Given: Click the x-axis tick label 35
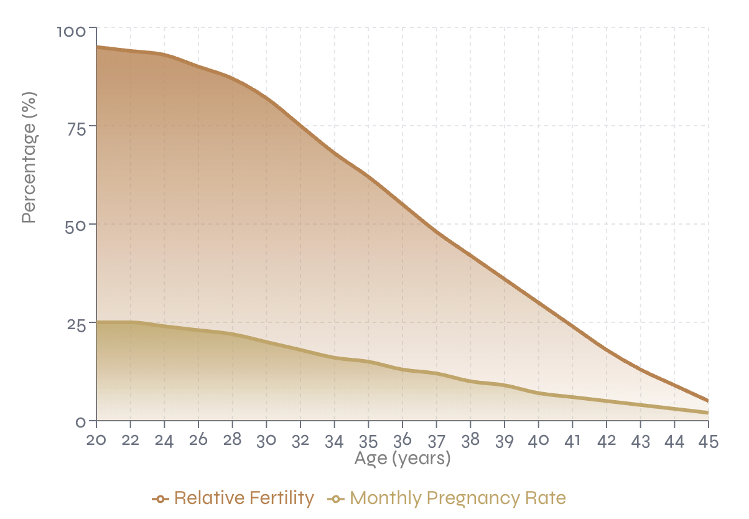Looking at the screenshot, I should [x=369, y=441].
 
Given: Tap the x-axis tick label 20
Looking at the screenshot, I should [x=96, y=441].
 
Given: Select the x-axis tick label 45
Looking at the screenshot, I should [x=708, y=441].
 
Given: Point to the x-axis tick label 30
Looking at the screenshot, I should [x=267, y=441].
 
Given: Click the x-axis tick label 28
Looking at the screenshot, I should [x=233, y=441].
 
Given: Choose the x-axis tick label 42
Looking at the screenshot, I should [x=607, y=441].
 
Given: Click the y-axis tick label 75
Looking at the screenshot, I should [x=78, y=127].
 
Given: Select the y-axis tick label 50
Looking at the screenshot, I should [x=77, y=225].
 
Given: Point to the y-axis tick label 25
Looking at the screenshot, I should [x=77, y=324].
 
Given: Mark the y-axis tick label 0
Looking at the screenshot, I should [x=81, y=422].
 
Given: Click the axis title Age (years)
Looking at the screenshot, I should [x=402, y=459].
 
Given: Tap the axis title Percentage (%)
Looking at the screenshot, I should [x=29, y=157].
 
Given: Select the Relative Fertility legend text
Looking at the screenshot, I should [x=244, y=498].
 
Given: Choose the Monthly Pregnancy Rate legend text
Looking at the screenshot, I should [x=458, y=498].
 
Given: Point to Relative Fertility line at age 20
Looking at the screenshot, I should [x=97, y=47].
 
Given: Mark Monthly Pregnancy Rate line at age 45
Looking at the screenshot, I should [x=708, y=413].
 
